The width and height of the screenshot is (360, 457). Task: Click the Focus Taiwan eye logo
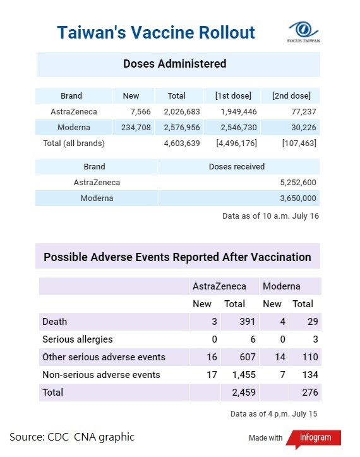(303, 30)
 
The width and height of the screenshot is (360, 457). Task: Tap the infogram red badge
(314, 438)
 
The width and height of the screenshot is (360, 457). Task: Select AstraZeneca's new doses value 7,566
(140, 112)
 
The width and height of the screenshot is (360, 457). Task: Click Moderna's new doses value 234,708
(136, 127)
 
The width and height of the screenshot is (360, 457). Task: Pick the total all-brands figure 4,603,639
(182, 143)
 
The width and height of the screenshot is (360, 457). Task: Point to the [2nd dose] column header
(291, 95)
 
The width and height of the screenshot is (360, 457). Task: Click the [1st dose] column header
(233, 95)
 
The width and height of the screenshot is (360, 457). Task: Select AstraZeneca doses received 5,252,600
(298, 183)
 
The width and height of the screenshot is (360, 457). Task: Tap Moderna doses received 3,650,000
(298, 198)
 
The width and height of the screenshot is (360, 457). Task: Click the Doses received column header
(237, 166)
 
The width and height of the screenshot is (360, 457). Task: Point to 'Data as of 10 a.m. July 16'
(270, 216)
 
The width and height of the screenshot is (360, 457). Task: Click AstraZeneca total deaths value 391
(248, 322)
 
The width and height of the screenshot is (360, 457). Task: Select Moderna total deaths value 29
(313, 322)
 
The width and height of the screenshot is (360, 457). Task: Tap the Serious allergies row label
(78, 339)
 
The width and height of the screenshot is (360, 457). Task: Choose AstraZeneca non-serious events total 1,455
(244, 375)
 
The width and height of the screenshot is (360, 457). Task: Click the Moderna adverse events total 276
(310, 393)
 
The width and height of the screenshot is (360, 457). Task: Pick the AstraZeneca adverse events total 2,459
(244, 393)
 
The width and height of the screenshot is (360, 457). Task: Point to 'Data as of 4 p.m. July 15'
(273, 414)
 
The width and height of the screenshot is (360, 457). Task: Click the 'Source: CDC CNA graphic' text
(72, 437)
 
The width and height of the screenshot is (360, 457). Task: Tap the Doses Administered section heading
(175, 64)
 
